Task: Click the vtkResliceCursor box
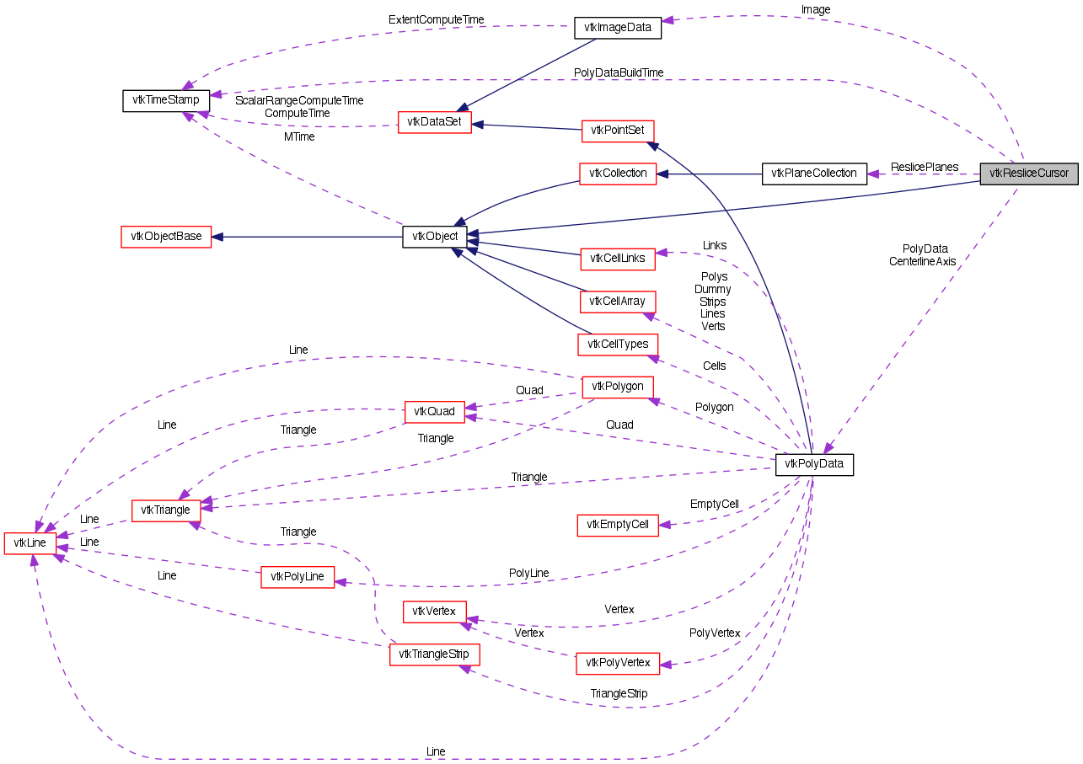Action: point(1028,174)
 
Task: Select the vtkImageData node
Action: point(617,27)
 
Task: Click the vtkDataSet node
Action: point(434,122)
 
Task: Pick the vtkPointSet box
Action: point(618,130)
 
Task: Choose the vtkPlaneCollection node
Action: point(813,174)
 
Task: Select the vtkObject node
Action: point(434,237)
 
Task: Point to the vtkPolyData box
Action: point(814,464)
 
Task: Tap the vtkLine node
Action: point(30,543)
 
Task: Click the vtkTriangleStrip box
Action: point(434,654)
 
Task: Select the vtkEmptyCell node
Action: point(617,525)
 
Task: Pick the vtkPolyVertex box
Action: point(617,663)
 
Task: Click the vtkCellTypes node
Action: point(618,345)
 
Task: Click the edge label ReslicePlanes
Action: point(925,167)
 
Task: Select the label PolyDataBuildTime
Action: point(618,72)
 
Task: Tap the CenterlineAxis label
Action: point(922,261)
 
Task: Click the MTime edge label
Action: point(299,136)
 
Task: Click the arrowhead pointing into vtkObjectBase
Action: point(217,237)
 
